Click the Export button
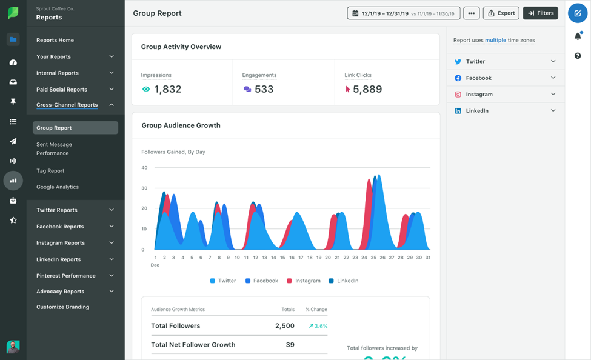501,13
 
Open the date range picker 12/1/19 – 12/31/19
403,13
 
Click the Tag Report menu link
50,171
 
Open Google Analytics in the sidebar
58,187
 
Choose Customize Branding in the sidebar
62,307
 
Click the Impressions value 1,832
167,89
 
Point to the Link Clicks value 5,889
367,89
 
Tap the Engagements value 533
264,89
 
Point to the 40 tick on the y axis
144,168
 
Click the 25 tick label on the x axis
373,258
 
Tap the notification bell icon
578,36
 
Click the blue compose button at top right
578,13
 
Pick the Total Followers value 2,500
284,326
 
